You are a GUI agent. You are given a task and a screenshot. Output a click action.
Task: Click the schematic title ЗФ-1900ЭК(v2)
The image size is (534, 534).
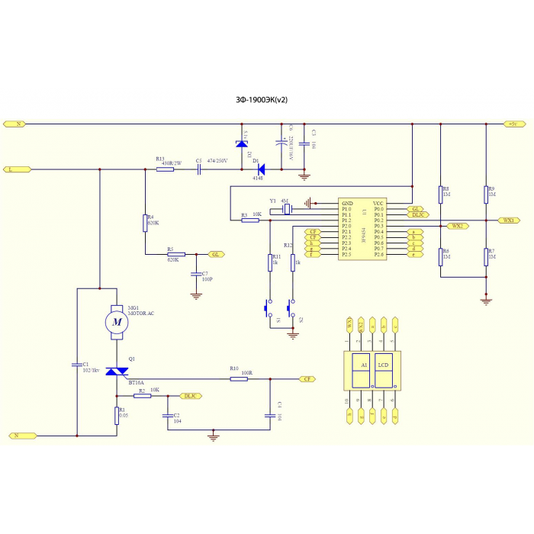point(262,99)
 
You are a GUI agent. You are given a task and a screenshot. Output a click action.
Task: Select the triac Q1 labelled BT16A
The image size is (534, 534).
point(117,372)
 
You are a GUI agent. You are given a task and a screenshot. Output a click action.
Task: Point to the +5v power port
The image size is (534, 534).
point(512,124)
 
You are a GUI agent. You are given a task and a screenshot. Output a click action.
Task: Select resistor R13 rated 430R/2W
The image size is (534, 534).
point(165,169)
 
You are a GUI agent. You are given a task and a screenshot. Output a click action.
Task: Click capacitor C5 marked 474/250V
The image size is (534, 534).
point(198,169)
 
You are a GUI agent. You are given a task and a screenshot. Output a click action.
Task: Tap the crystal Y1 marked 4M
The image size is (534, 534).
point(286,208)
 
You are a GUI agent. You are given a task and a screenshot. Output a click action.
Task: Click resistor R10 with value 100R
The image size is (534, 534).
point(239,378)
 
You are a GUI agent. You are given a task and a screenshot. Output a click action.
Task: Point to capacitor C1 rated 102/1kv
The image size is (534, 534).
point(76,365)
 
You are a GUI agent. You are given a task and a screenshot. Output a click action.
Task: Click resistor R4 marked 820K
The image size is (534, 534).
point(144,223)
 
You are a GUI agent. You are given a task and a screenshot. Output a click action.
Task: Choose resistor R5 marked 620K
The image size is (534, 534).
point(175,254)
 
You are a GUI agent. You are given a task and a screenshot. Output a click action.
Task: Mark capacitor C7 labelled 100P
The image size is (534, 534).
point(196,274)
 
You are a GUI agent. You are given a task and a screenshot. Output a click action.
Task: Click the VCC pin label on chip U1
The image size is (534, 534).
point(378,202)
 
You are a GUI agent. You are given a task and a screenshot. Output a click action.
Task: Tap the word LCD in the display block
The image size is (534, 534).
point(384,365)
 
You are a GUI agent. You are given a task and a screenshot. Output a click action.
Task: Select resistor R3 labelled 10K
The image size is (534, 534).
point(250,220)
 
